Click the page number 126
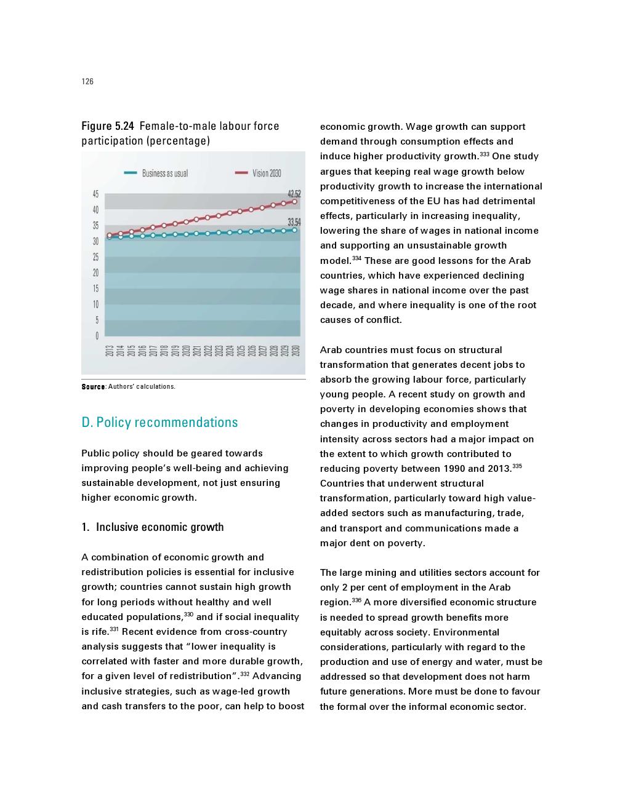pos(87,81)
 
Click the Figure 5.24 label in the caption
pos(108,126)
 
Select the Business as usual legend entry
pos(156,173)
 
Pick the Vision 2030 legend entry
pos(259,173)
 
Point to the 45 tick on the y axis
pos(95,194)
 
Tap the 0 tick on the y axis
pos(97,336)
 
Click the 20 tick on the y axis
pos(95,273)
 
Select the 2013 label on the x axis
pos(109,351)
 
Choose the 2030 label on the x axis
pos(296,351)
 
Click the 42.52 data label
pos(294,194)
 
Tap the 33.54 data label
pos(294,222)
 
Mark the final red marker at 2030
pos(295,201)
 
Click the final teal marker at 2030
pos(295,230)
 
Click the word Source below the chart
pos(93,387)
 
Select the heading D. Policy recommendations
pos(159,423)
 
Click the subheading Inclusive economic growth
pos(159,527)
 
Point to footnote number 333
pos(485,154)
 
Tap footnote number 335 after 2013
pos(517,466)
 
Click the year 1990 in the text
pos(454,469)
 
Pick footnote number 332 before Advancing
pos(245,674)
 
